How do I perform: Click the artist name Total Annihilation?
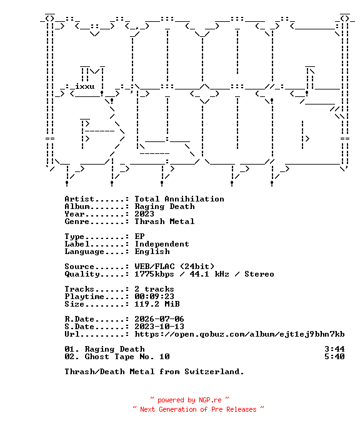(179, 199)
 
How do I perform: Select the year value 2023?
(144, 214)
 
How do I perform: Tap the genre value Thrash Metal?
(164, 222)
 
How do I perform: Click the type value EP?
(139, 237)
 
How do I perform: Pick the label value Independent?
(162, 244)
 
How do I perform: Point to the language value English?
(152, 252)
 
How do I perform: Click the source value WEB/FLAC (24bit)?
(174, 267)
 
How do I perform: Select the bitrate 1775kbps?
(154, 274)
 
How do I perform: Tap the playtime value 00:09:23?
(154, 297)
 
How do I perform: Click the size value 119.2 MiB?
(157, 304)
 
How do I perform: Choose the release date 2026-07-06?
(159, 319)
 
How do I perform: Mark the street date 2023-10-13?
(159, 327)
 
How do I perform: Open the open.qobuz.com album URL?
(239, 334)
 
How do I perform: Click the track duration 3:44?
(334, 349)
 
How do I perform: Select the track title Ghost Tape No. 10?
(127, 357)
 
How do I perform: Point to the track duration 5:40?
(334, 357)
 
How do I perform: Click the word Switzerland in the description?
(214, 372)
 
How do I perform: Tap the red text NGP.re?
(210, 400)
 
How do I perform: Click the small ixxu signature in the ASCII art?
(84, 86)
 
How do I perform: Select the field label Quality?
(82, 274)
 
